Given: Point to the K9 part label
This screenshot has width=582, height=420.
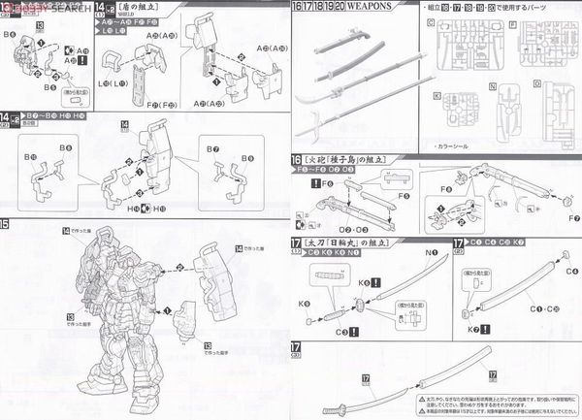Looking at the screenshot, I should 306,276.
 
